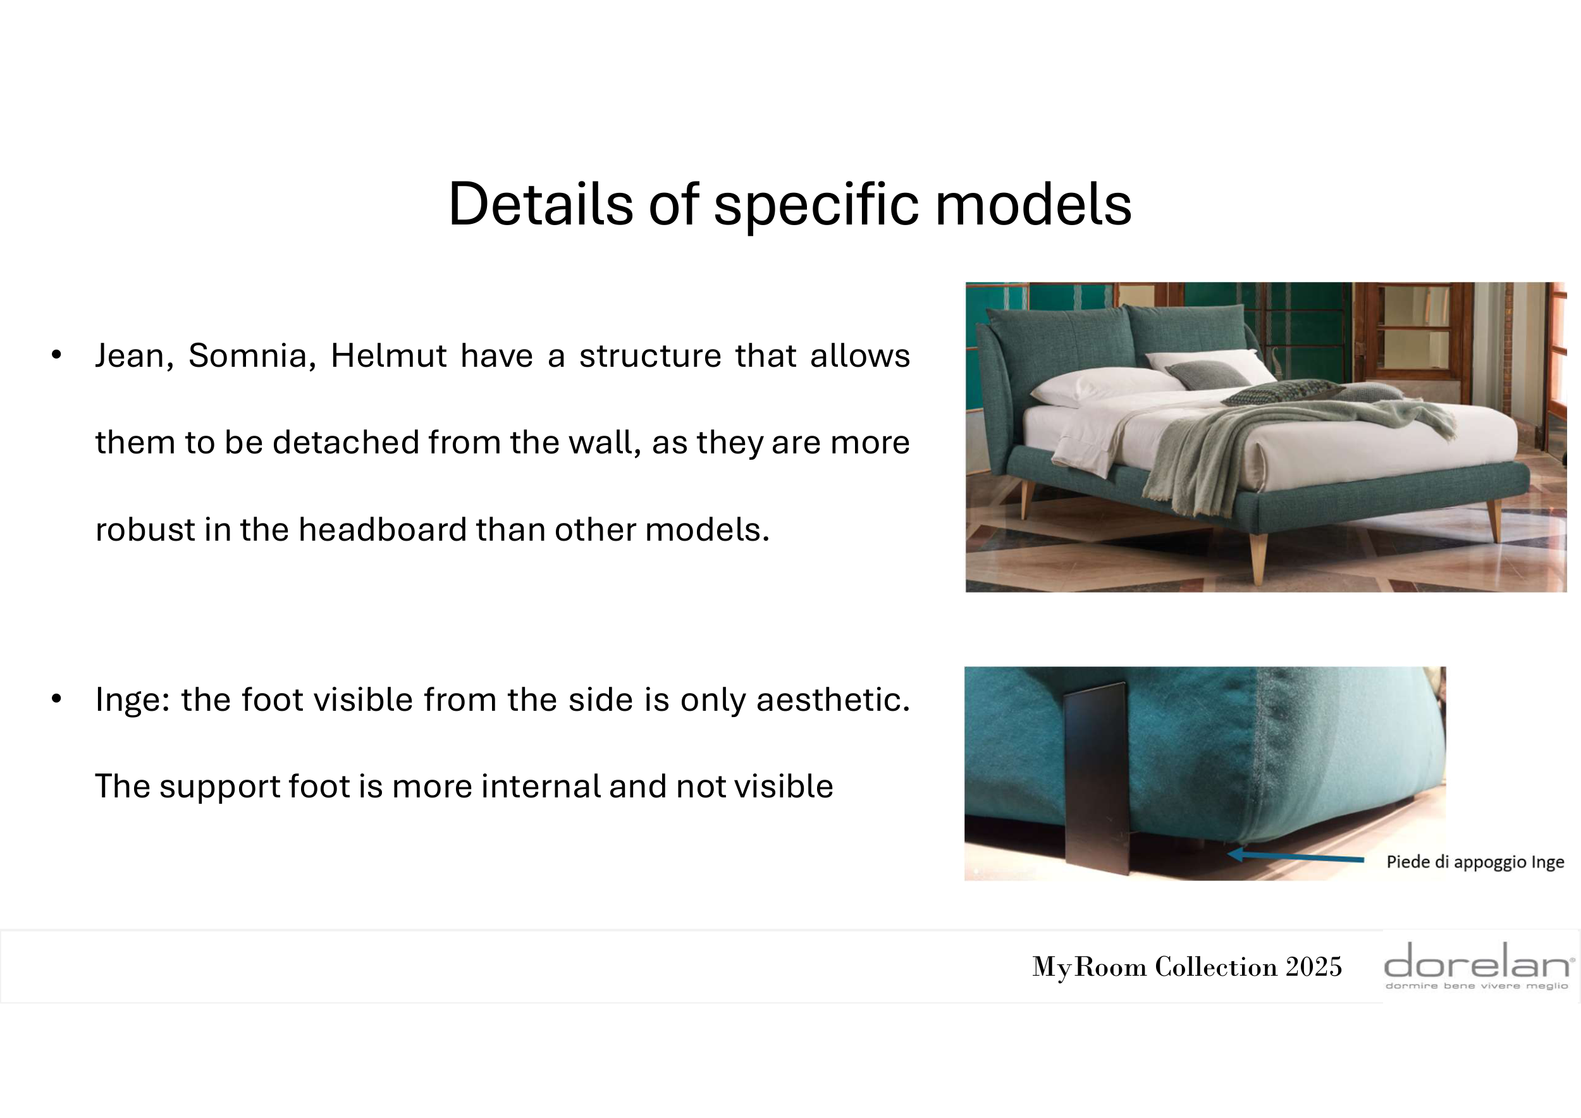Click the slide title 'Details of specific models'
coord(790,204)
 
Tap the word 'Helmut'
coord(388,356)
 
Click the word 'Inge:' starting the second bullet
coord(132,700)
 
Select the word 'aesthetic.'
coord(834,700)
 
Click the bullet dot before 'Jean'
coord(56,355)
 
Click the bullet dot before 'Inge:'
coord(56,699)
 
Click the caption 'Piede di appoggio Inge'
coord(1475,862)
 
